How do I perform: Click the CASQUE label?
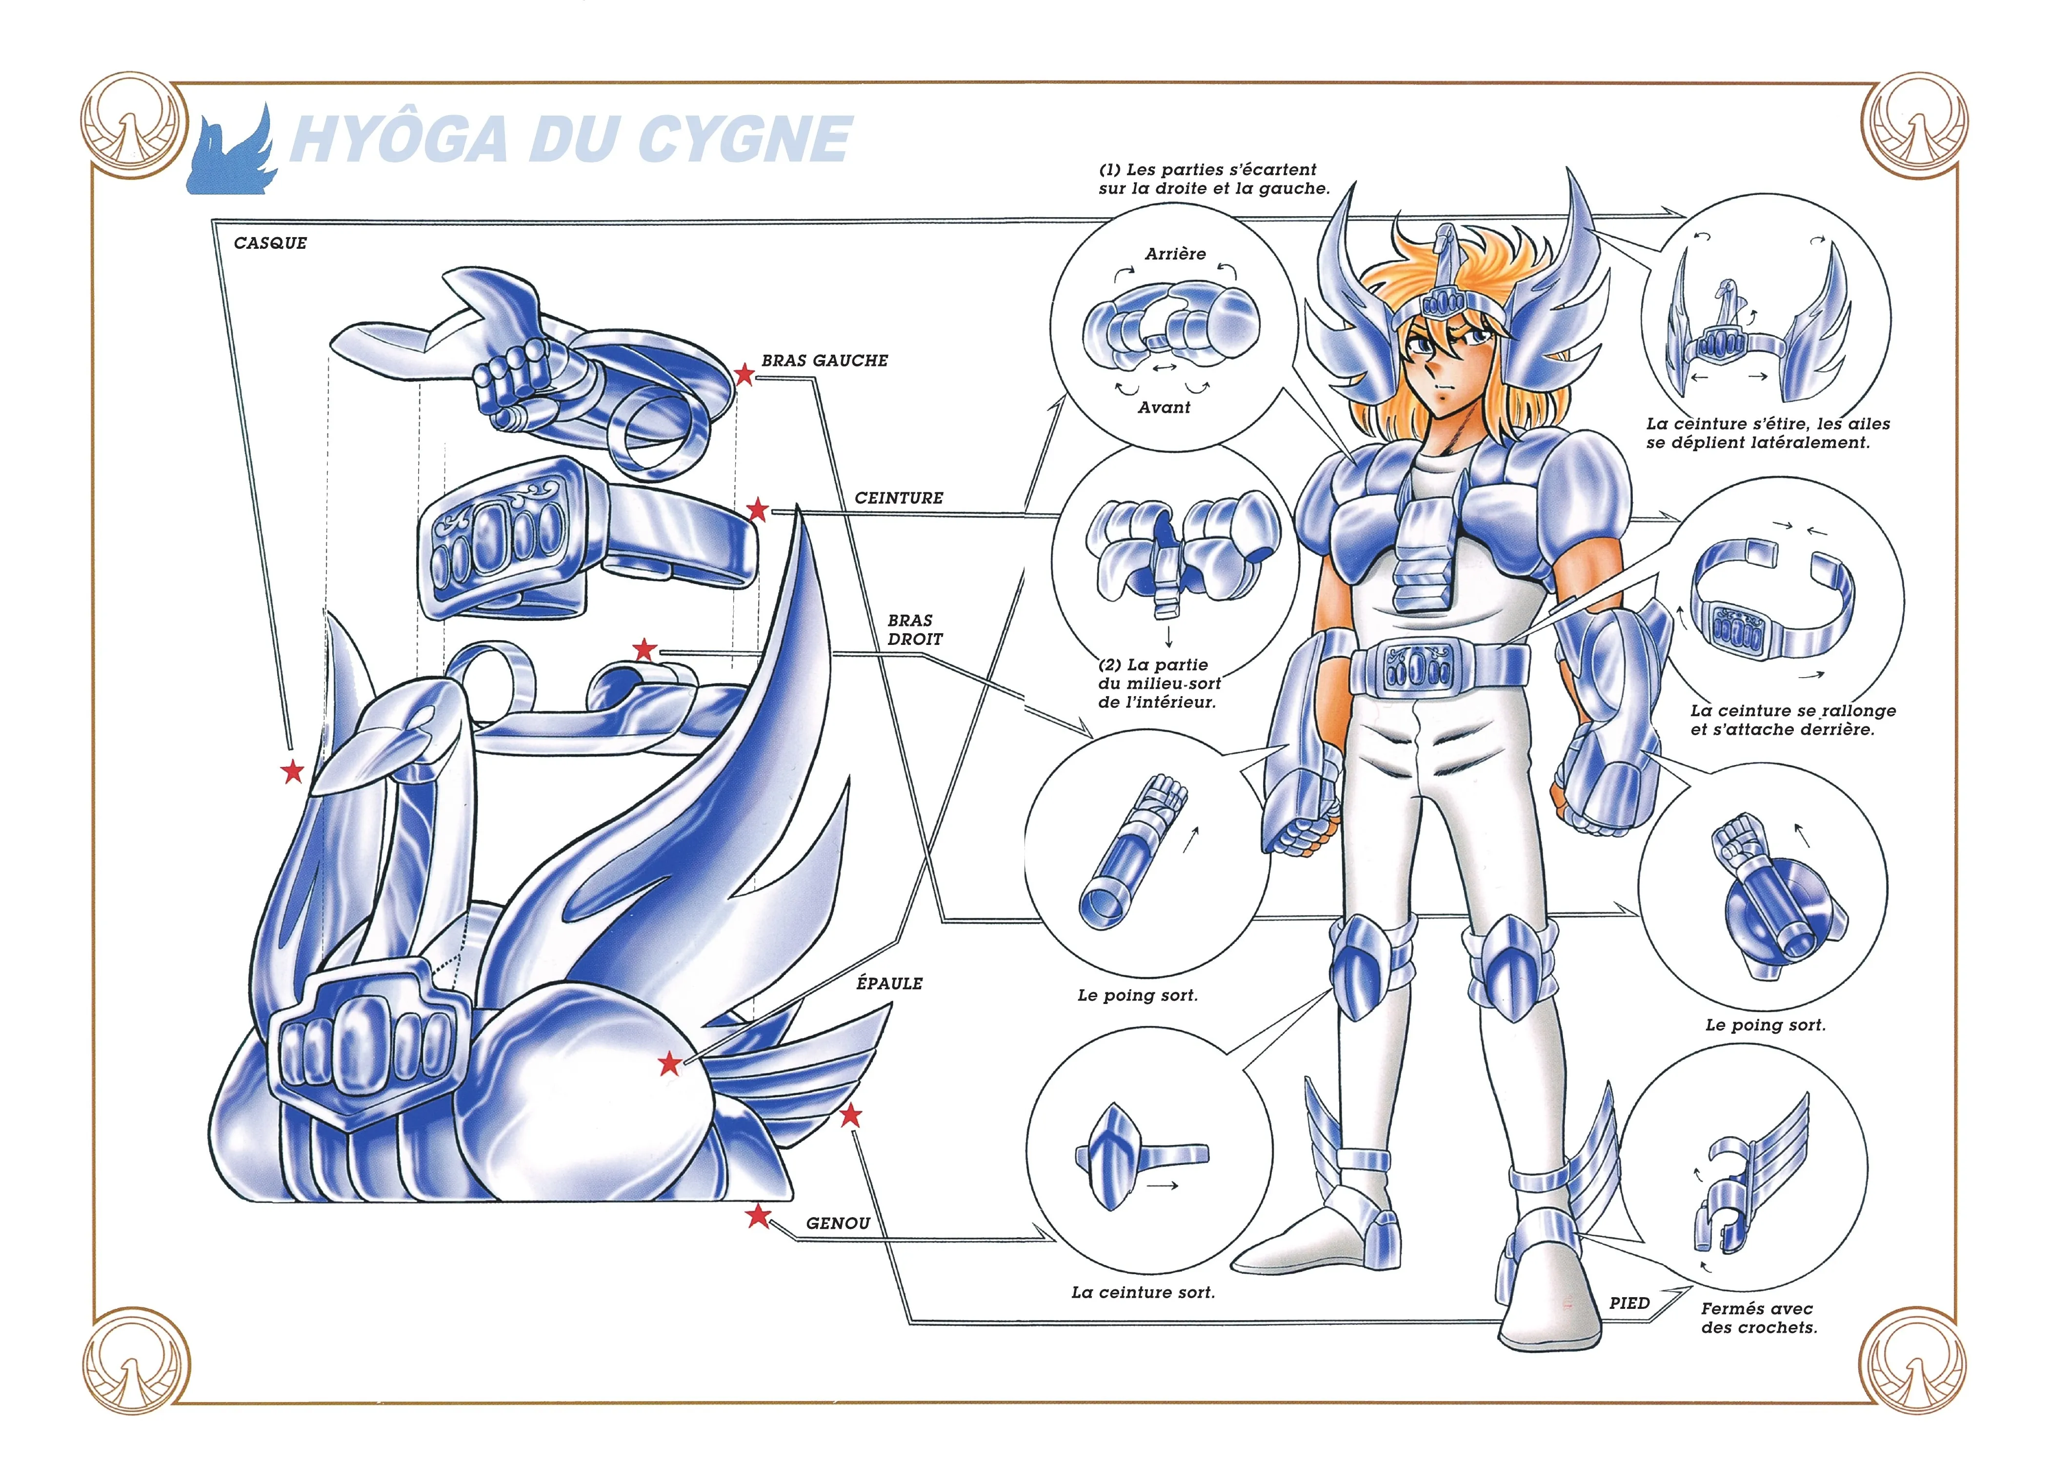pyautogui.click(x=270, y=243)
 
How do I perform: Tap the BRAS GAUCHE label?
pyautogui.click(x=824, y=361)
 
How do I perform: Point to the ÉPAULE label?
pyautogui.click(x=889, y=982)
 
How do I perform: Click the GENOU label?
pyautogui.click(x=838, y=1223)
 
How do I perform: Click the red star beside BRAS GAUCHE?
pyautogui.click(x=743, y=374)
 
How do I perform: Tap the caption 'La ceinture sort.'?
pyautogui.click(x=1143, y=1292)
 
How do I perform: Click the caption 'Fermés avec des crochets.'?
pyautogui.click(x=1758, y=1318)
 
